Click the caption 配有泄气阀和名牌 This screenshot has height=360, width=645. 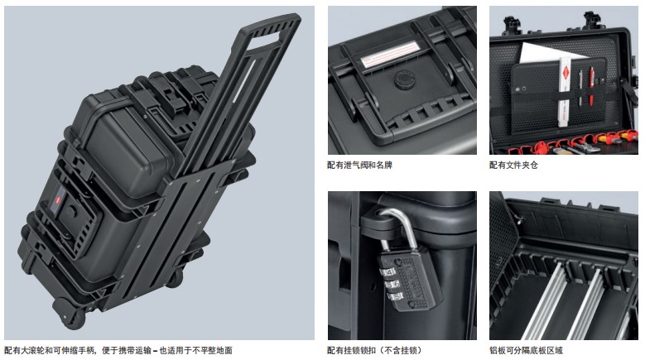tap(359, 166)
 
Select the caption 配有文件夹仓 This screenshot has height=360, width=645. tap(513, 166)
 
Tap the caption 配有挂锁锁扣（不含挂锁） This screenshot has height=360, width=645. tap(374, 351)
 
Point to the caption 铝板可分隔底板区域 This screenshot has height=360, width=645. tap(526, 351)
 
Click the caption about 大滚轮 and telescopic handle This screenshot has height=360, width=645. tap(118, 351)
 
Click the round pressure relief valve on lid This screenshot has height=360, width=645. tap(404, 79)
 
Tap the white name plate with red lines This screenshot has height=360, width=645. tap(390, 54)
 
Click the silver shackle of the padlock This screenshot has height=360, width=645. tap(396, 226)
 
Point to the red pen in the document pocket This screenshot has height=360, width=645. tap(591, 87)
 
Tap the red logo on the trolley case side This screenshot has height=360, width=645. tap(57, 201)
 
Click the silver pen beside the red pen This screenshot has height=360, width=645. tap(581, 88)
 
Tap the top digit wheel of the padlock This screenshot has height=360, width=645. tap(387, 271)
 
